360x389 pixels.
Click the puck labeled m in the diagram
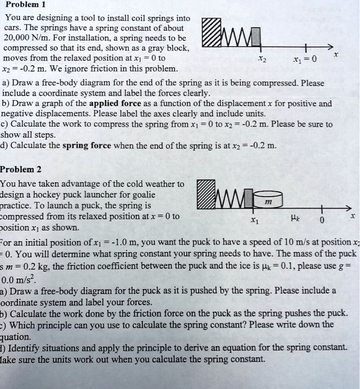coord(268,197)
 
